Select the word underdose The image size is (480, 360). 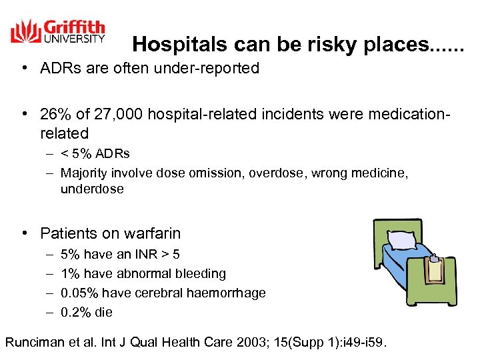(x=92, y=189)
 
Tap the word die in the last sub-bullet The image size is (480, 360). (x=103, y=313)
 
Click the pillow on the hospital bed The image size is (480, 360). (x=404, y=240)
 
